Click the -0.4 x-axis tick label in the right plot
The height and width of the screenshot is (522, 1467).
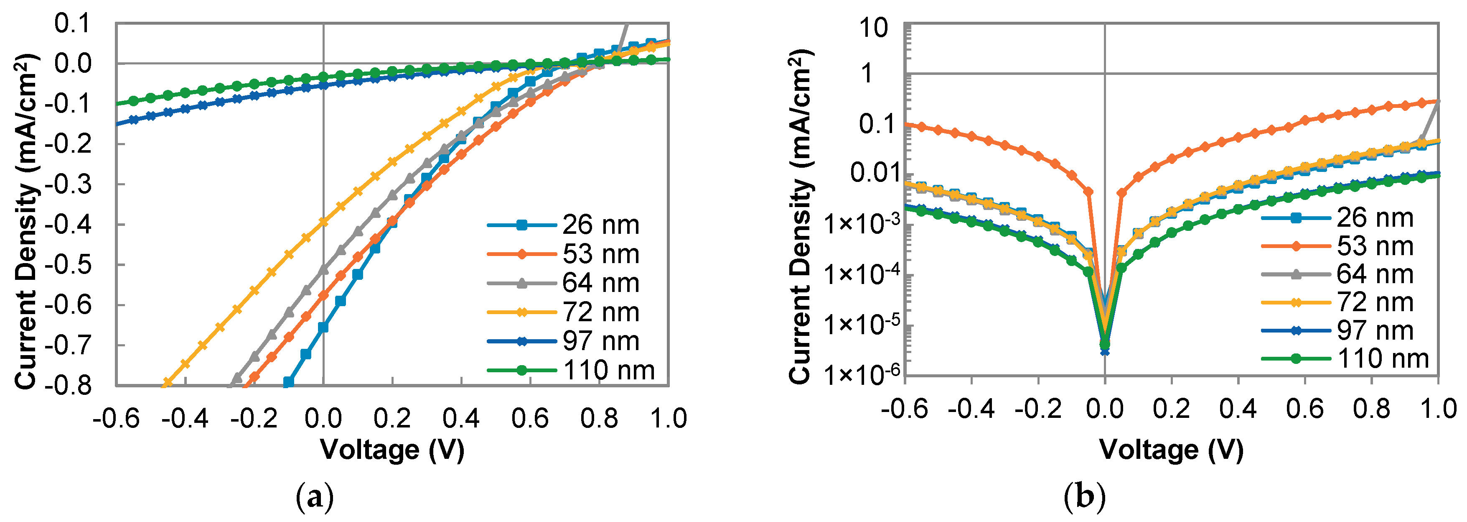tap(971, 409)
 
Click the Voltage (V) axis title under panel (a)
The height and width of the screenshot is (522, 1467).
tap(392, 450)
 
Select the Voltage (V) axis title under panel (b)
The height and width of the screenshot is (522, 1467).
tap(1172, 450)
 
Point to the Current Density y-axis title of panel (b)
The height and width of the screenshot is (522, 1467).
tap(800, 217)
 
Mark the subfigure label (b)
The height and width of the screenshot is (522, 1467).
tap(1084, 497)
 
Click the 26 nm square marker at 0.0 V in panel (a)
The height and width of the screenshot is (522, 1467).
tap(323, 327)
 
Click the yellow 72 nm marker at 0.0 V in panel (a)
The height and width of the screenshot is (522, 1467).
tap(323, 222)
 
